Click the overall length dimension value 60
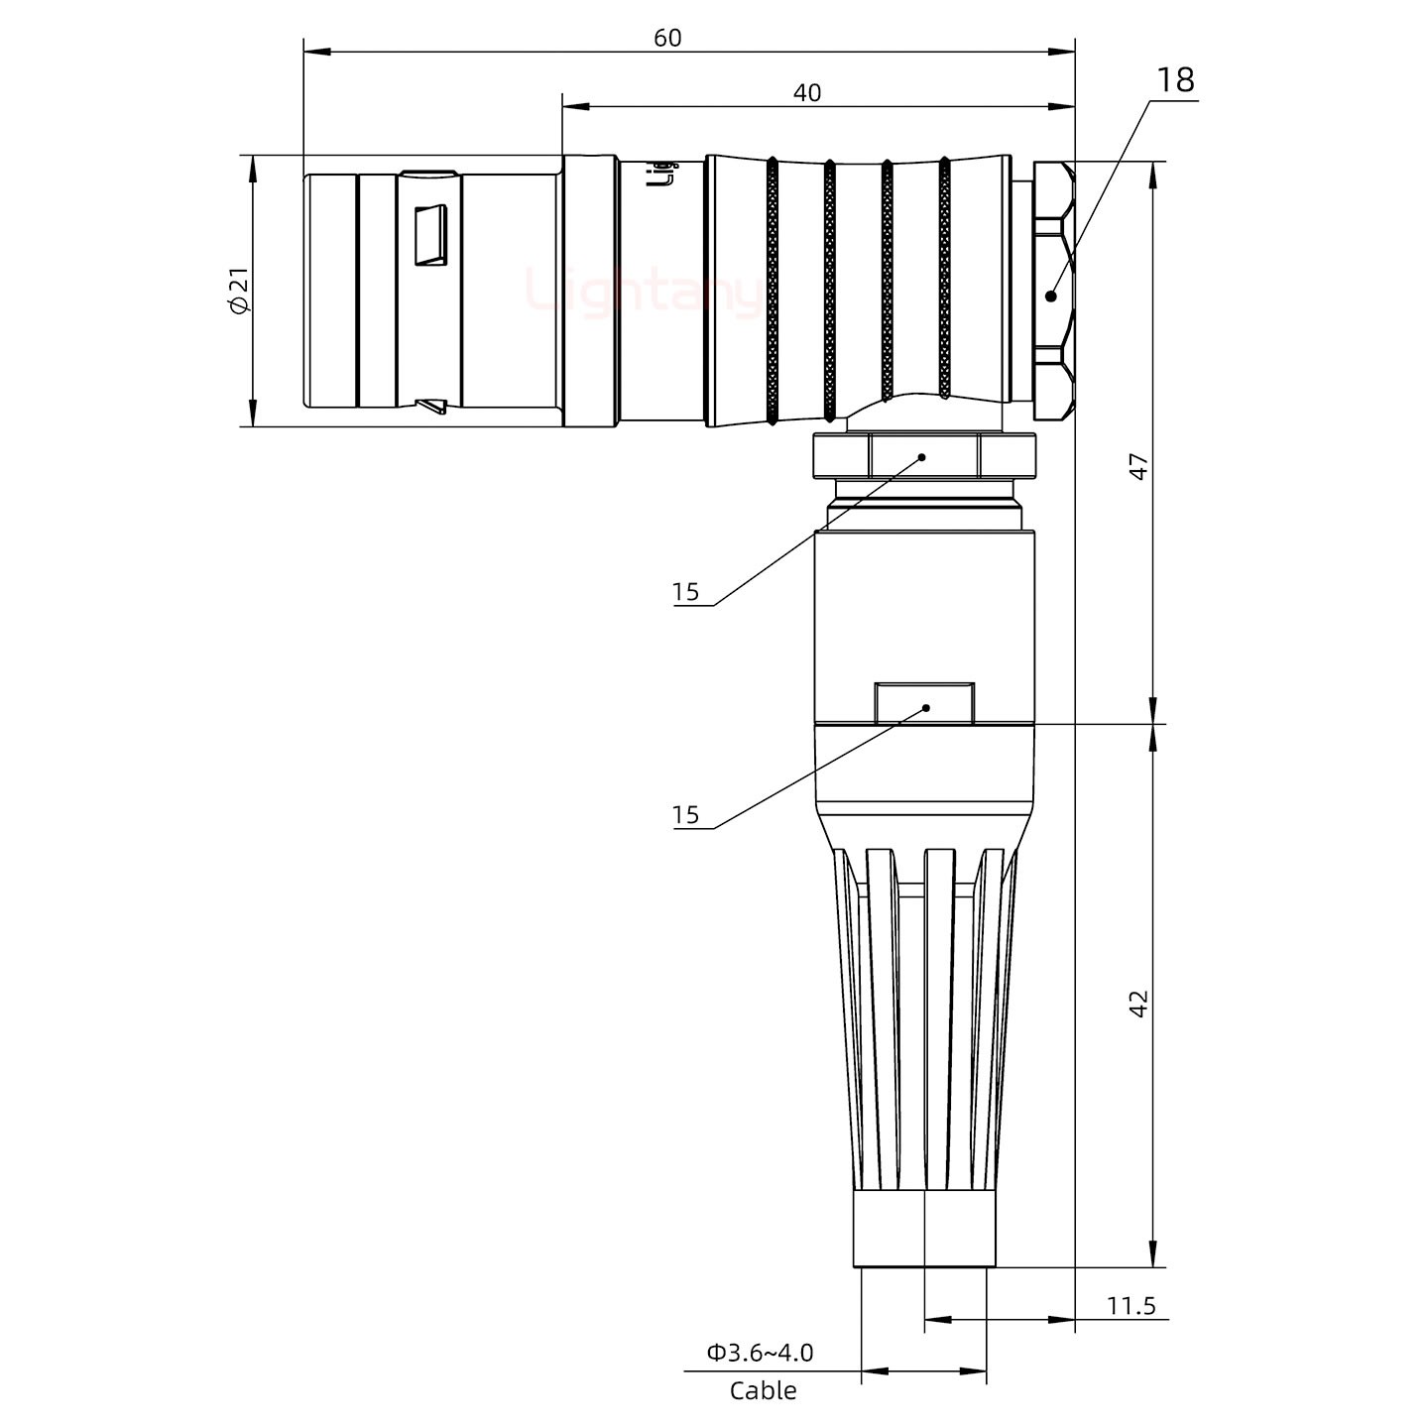coord(667,38)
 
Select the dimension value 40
coord(807,93)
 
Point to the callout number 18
coord(1175,80)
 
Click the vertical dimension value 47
coord(1139,467)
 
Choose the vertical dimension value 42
coord(1139,1003)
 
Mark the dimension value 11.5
coord(1131,1305)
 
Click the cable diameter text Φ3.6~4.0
coord(760,1353)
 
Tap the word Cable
coord(763,1391)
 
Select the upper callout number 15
coord(685,593)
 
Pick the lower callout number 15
coord(685,816)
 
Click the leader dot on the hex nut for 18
coord(1051,295)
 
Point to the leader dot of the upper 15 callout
coord(922,457)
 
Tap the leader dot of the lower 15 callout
coord(926,708)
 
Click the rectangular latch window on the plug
coord(430,236)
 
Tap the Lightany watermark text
coord(645,293)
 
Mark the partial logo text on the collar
coord(666,174)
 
